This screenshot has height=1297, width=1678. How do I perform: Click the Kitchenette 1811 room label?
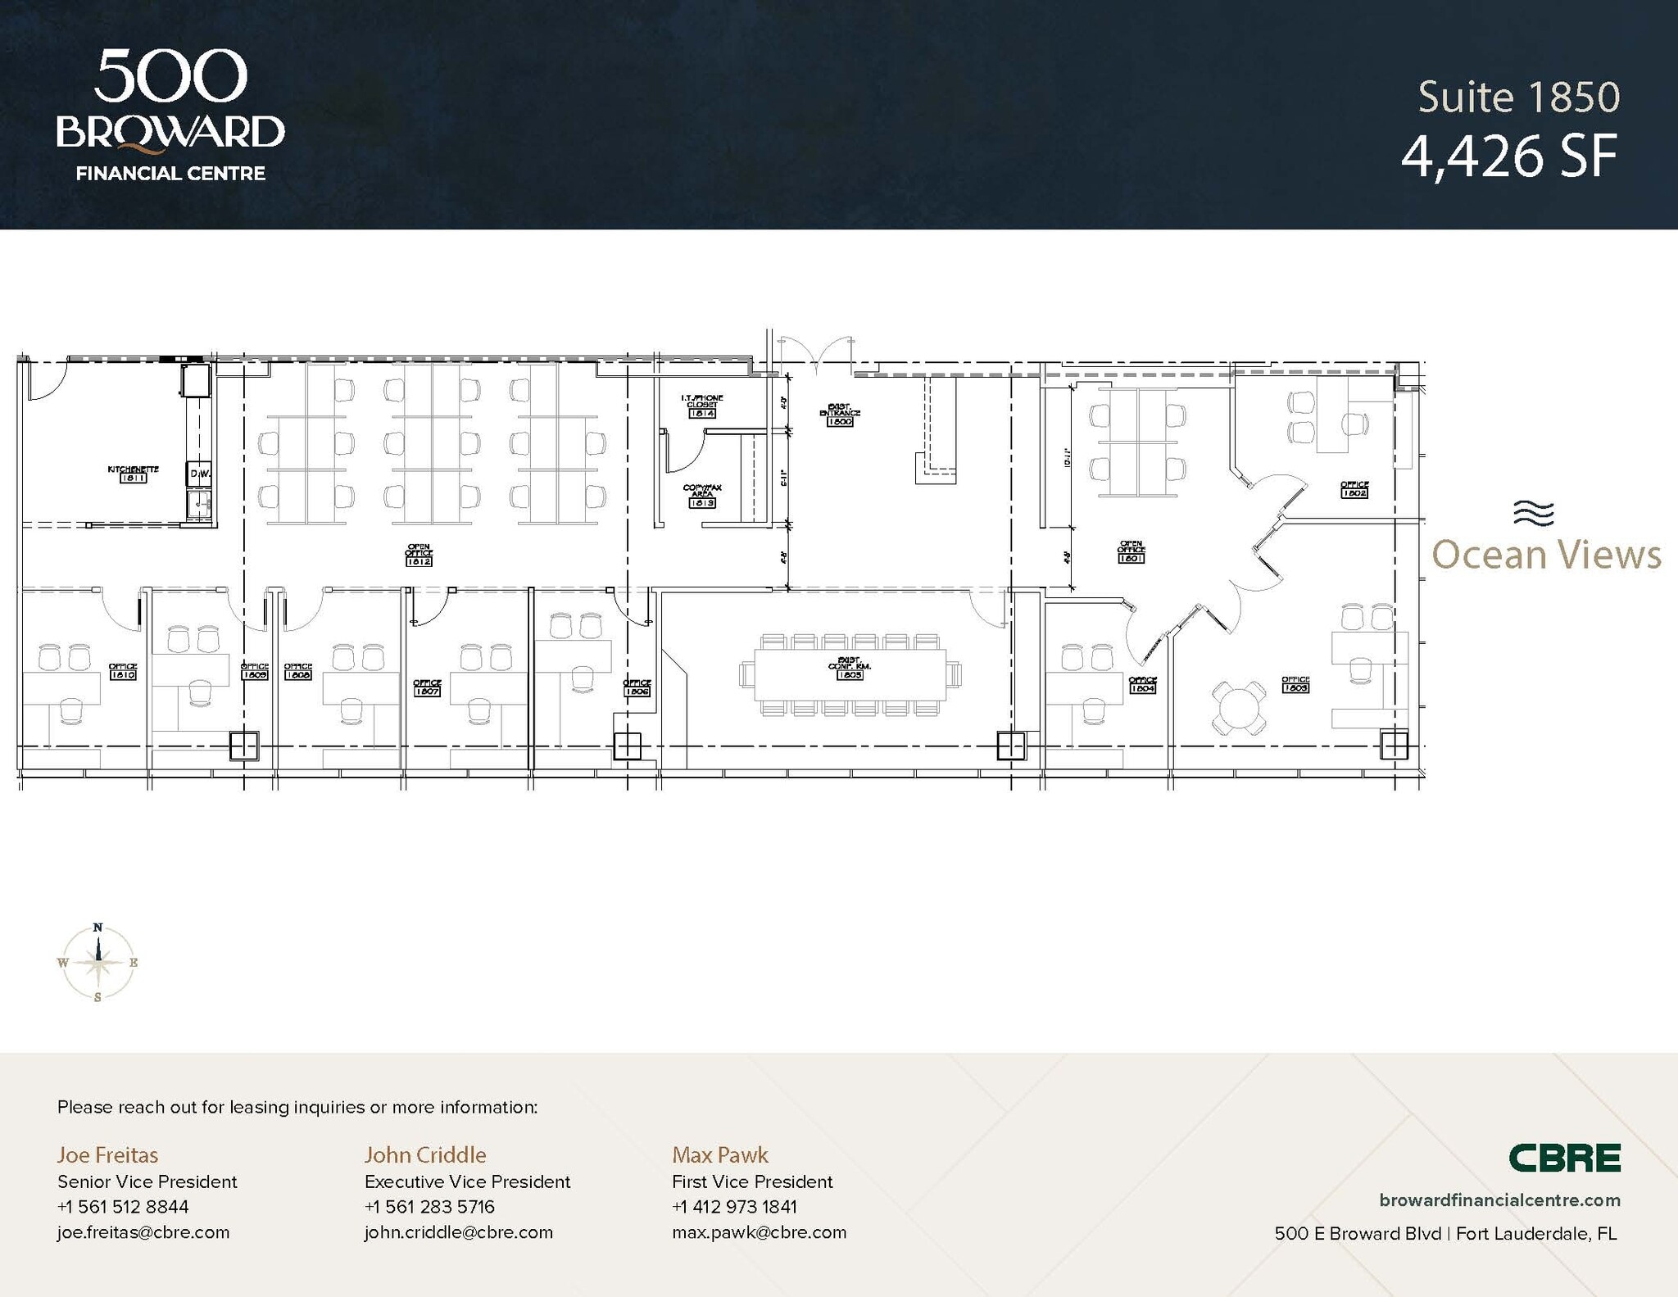tap(133, 474)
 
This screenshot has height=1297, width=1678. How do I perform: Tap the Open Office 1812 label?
tap(419, 555)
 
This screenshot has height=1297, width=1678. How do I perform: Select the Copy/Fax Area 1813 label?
tap(702, 496)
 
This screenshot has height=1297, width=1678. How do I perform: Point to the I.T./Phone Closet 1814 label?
tap(702, 406)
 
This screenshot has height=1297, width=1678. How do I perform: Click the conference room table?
tap(850, 674)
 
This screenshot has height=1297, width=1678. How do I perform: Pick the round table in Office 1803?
tap(1239, 707)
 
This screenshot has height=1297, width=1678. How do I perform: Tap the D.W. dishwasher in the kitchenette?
tap(199, 474)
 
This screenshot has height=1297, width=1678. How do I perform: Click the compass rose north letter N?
tap(98, 927)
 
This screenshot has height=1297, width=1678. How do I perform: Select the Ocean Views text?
tap(1546, 555)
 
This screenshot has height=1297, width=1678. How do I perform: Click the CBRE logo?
tap(1564, 1158)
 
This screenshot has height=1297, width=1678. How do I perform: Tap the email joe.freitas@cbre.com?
tap(143, 1232)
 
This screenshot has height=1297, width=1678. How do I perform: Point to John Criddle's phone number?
tap(429, 1207)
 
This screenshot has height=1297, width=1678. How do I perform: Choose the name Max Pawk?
tap(719, 1155)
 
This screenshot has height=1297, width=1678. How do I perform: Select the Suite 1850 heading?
tap(1518, 97)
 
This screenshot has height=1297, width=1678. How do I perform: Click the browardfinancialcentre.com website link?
tap(1499, 1200)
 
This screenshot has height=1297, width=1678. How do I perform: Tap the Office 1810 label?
tap(123, 671)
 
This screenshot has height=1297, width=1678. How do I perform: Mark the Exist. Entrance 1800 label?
tap(840, 415)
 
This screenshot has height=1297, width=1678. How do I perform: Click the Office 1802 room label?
tap(1354, 489)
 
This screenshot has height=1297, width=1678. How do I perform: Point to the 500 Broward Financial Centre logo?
tap(170, 115)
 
